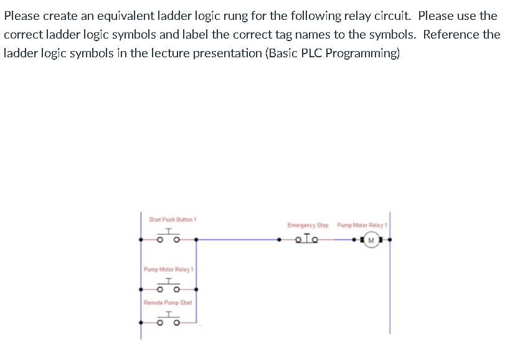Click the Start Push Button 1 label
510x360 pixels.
173,219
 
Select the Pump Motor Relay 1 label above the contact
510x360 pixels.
169,270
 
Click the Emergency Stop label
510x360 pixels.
308,225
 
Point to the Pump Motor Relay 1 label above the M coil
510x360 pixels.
362,225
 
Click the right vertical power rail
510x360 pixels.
390,280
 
